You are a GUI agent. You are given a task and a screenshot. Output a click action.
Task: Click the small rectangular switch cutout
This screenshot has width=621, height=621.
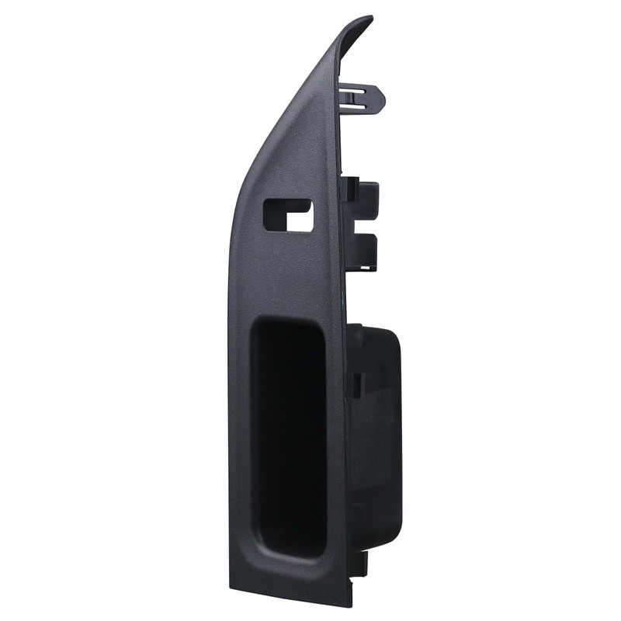click(287, 215)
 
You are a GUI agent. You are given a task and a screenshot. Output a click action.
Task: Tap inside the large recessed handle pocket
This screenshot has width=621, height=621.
click(287, 435)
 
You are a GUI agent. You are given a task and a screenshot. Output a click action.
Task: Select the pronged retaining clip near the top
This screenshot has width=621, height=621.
click(363, 98)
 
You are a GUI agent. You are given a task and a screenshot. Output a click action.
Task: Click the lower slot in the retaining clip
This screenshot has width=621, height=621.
click(354, 105)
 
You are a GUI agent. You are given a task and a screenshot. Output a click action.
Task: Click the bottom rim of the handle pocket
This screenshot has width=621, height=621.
click(291, 553)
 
